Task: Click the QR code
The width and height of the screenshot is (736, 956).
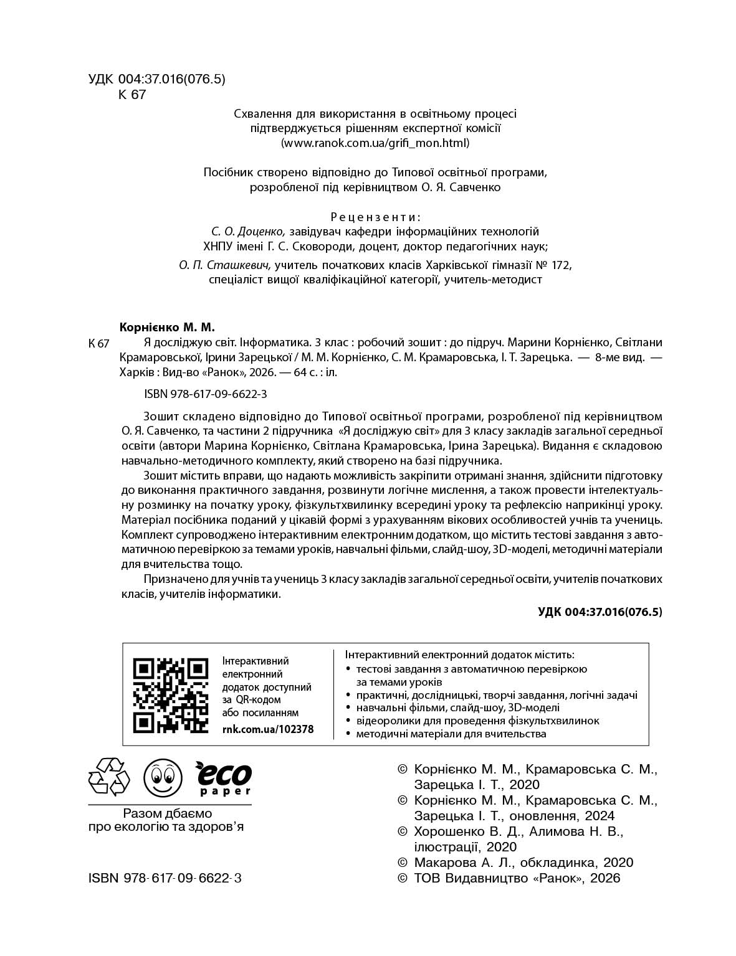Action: click(171, 694)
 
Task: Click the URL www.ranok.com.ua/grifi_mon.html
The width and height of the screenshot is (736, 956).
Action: click(375, 143)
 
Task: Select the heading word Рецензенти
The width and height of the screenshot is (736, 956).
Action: click(375, 217)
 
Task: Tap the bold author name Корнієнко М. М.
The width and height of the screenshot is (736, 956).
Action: click(166, 327)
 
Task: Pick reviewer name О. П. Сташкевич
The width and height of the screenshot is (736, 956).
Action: click(224, 265)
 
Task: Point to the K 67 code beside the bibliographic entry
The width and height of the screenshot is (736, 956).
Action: click(100, 344)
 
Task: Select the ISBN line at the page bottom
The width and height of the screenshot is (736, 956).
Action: click(165, 878)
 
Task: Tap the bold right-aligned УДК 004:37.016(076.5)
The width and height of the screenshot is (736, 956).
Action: click(600, 612)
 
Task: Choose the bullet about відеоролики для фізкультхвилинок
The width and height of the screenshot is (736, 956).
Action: click(477, 721)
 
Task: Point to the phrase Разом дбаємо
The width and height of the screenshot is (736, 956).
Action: click(168, 813)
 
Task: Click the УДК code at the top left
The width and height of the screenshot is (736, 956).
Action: click(156, 79)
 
